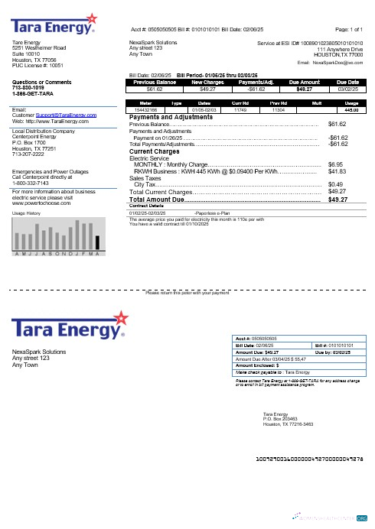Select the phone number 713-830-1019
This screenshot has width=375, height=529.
[28, 87]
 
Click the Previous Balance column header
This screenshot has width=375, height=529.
[155, 82]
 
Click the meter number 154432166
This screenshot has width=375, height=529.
[146, 110]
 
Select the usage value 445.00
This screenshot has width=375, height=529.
[352, 110]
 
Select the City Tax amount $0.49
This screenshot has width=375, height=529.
[334, 184]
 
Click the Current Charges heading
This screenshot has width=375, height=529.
[156, 152]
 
